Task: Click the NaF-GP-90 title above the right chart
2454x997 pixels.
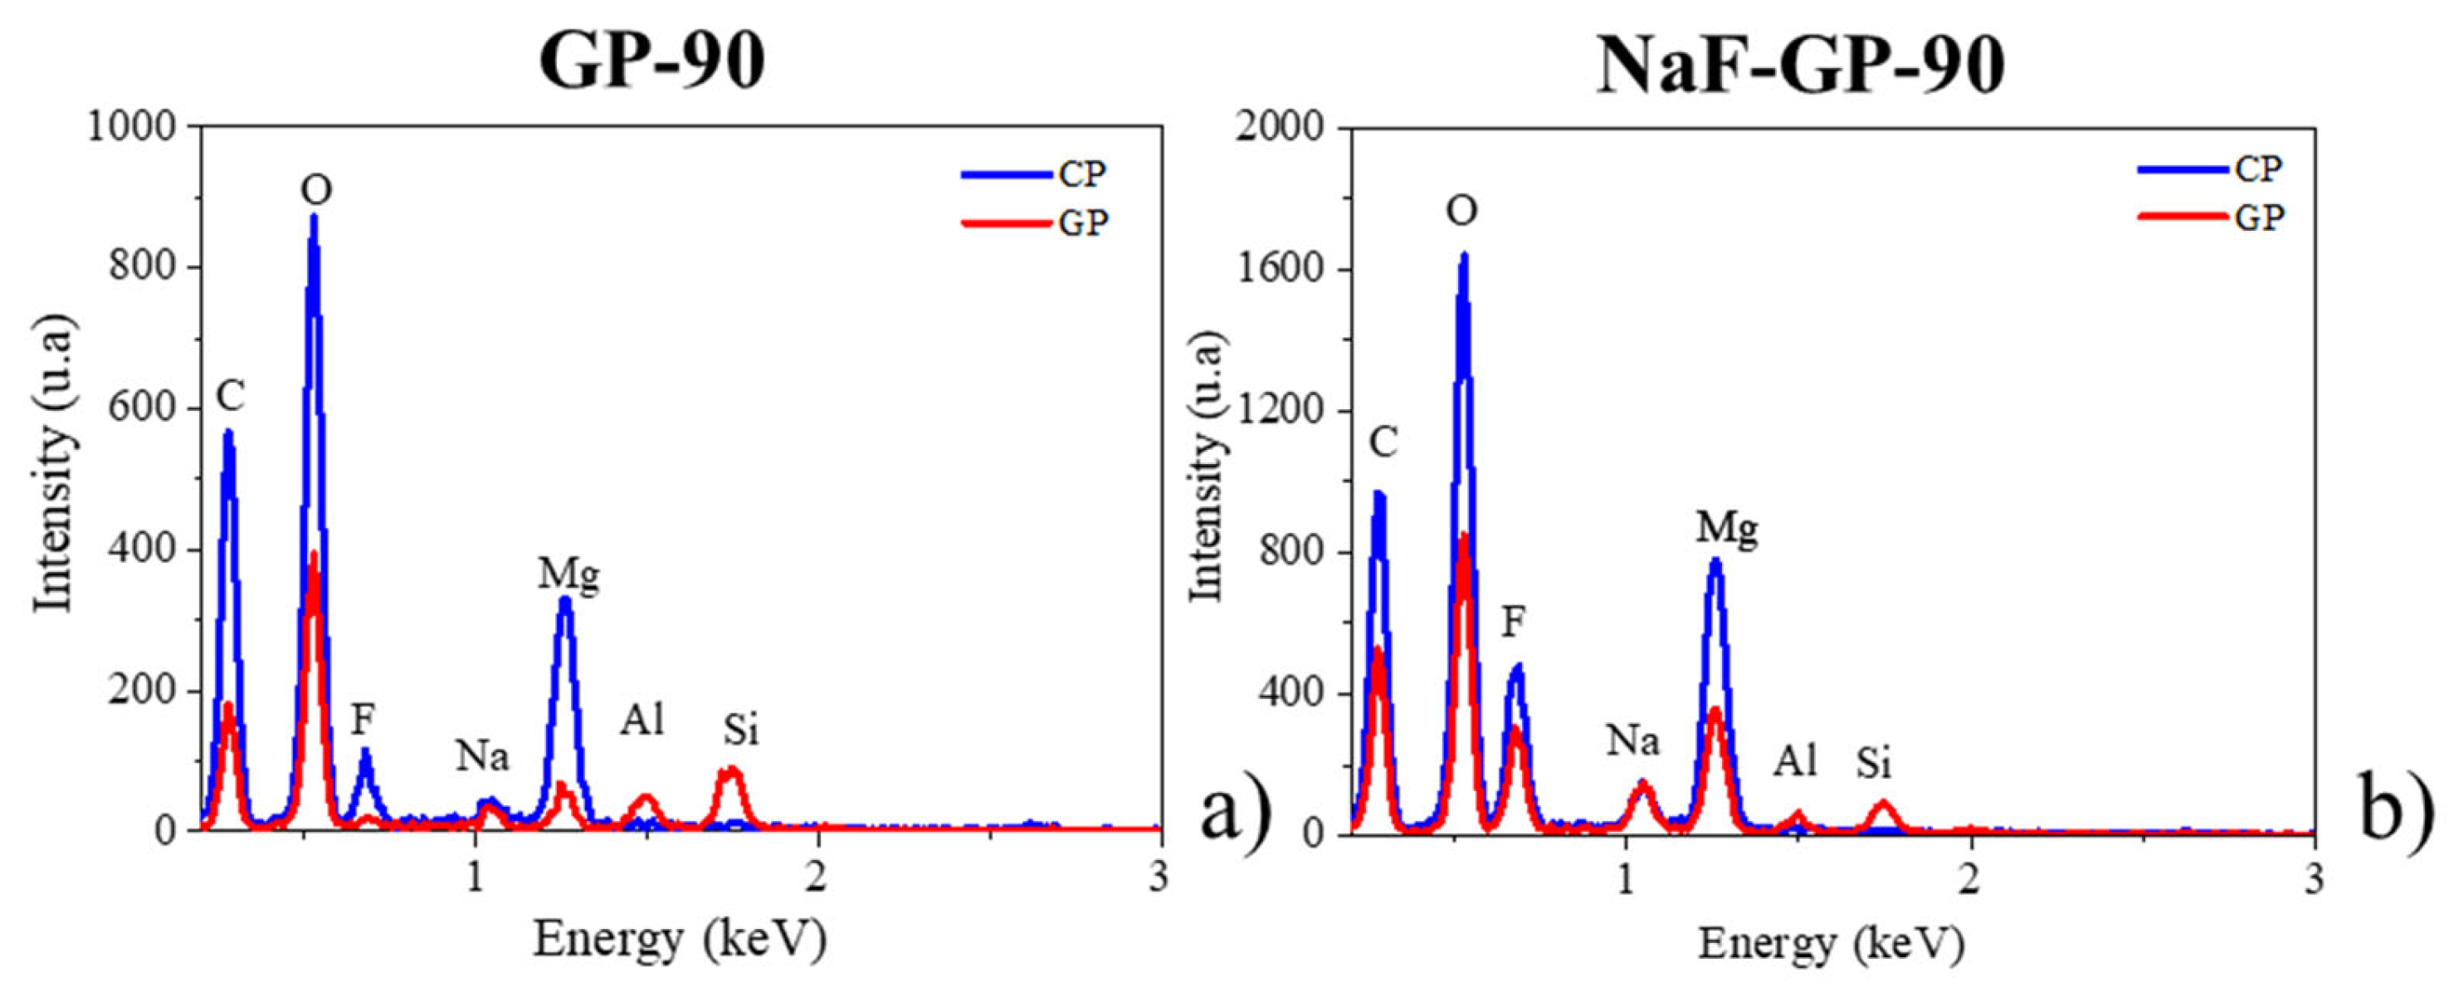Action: click(x=1801, y=65)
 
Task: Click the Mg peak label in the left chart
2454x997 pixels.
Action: click(x=568, y=574)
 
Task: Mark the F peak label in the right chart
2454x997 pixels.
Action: click(x=1514, y=623)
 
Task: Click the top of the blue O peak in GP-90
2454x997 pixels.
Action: click(x=314, y=218)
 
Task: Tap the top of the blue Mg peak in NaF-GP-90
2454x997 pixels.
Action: click(x=1715, y=561)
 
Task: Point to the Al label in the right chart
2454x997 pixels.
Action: click(x=1796, y=761)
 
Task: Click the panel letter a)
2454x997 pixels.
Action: click(x=1235, y=813)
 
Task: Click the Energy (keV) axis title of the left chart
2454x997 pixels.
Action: click(x=679, y=940)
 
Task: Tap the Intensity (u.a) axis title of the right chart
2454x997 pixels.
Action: click(x=1209, y=467)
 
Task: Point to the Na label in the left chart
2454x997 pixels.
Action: click(x=482, y=757)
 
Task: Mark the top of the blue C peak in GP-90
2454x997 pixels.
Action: click(x=227, y=433)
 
